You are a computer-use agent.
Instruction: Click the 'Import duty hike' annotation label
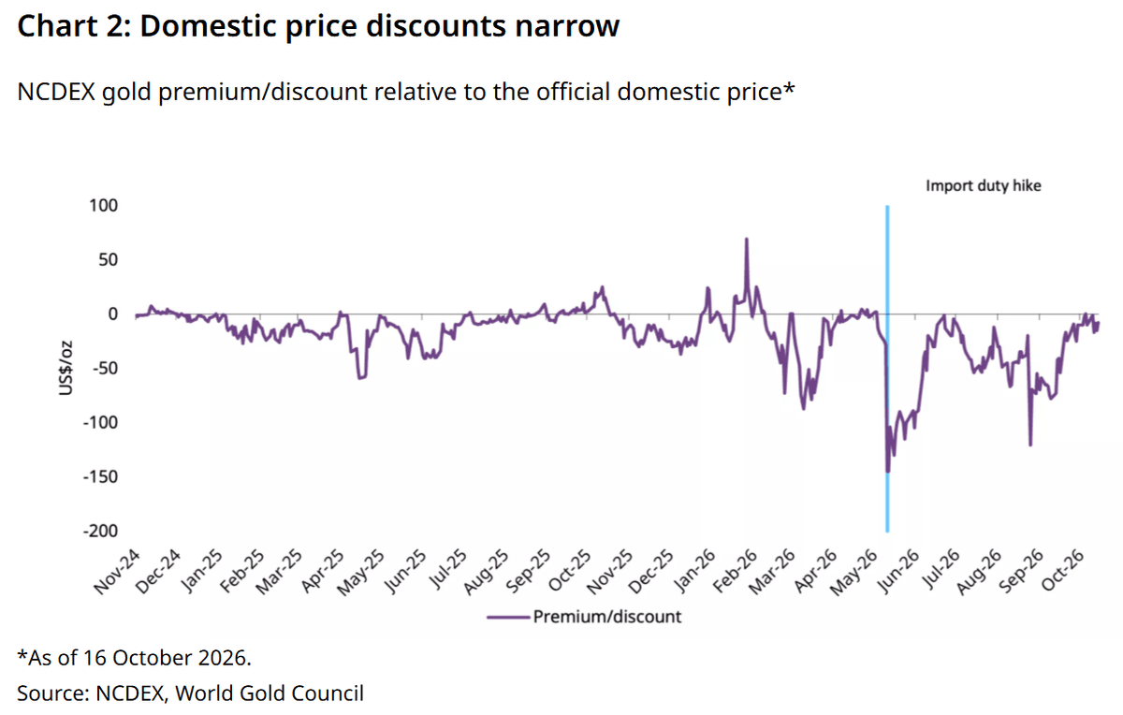(x=984, y=185)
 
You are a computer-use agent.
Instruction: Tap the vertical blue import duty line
(x=887, y=369)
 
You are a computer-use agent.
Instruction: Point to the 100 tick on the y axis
(x=103, y=206)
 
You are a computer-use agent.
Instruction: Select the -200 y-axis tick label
(x=100, y=531)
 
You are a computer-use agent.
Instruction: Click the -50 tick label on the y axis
(x=105, y=368)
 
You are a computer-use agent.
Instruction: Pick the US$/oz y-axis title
(x=66, y=368)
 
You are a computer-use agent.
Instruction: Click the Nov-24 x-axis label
(x=117, y=572)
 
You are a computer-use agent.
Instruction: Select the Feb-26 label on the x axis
(x=735, y=572)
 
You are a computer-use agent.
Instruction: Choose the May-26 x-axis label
(x=854, y=573)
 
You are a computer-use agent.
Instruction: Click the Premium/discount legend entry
(x=584, y=617)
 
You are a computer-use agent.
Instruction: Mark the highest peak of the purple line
(x=747, y=239)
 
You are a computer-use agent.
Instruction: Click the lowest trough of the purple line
(x=888, y=472)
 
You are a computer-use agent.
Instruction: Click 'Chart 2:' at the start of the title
(x=74, y=26)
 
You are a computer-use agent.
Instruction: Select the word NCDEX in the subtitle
(x=56, y=92)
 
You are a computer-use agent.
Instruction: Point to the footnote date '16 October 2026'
(x=166, y=658)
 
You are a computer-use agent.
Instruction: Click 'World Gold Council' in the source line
(x=270, y=693)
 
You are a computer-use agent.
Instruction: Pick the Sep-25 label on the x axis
(x=529, y=572)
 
